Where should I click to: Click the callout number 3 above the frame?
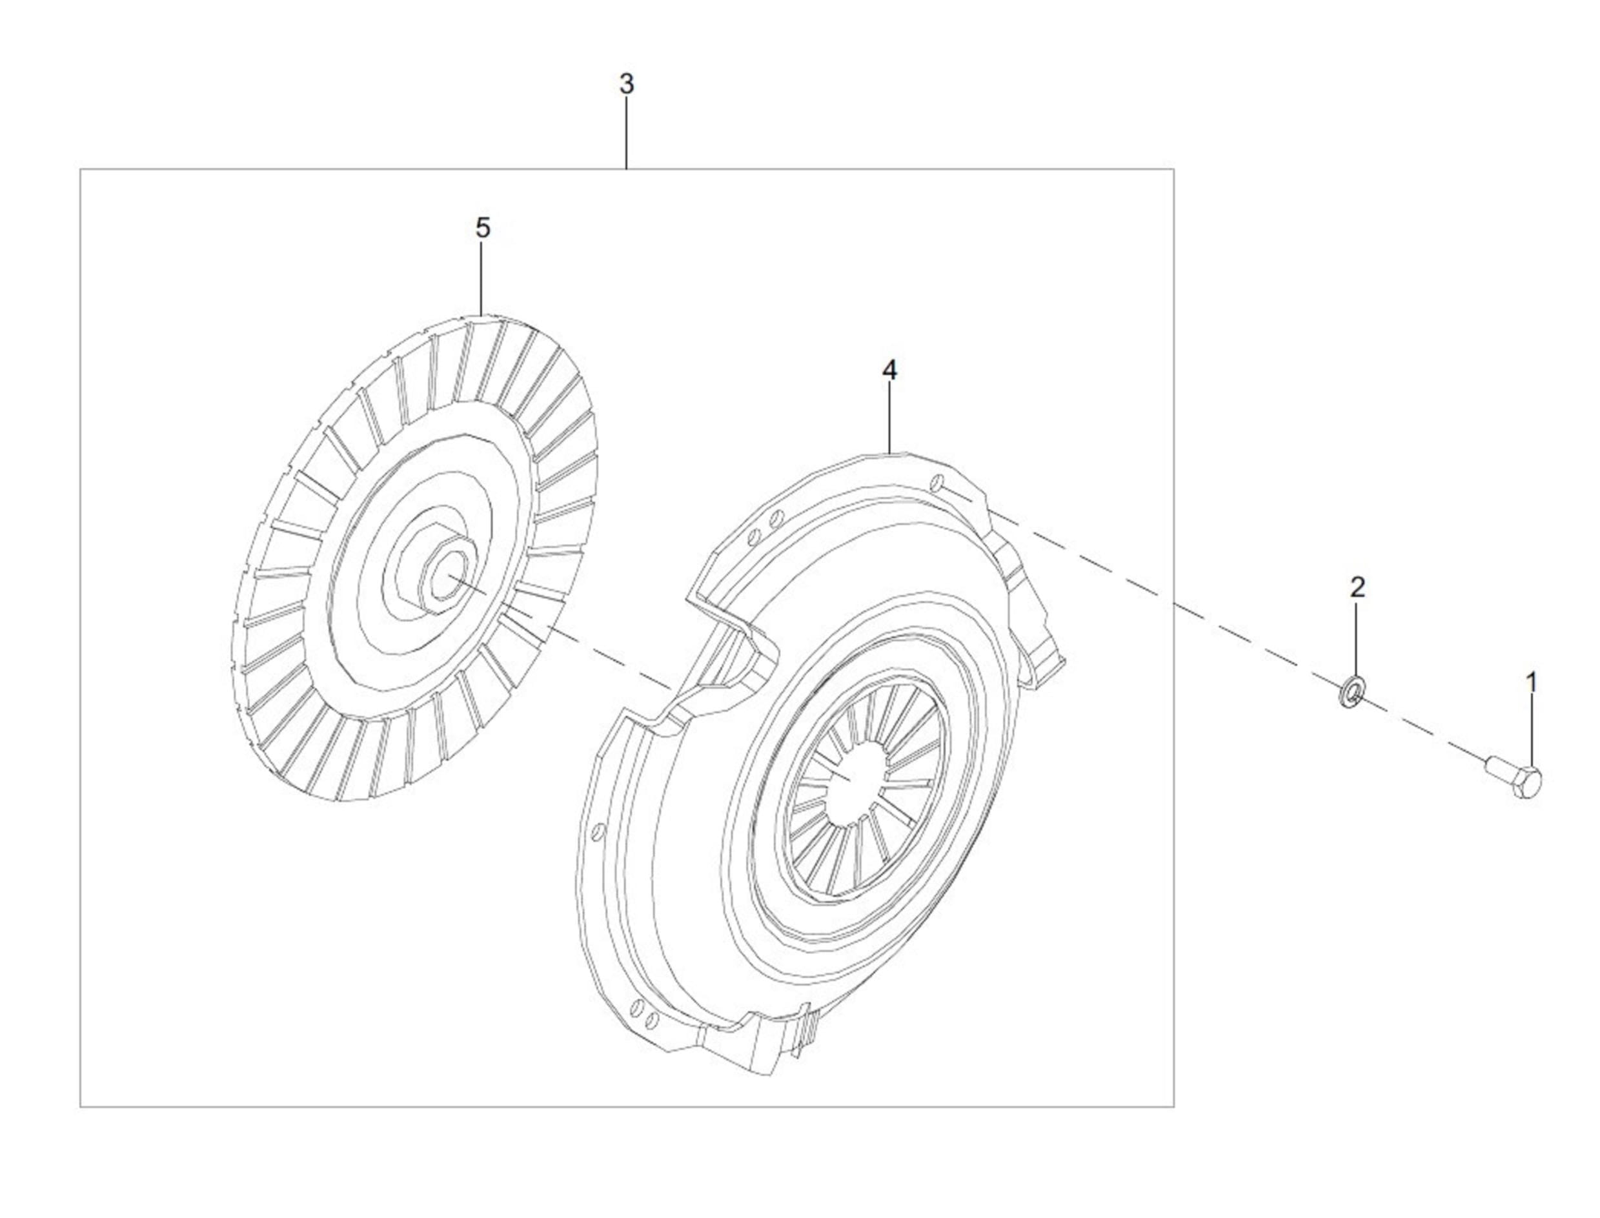click(626, 84)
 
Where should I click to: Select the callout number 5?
click(483, 228)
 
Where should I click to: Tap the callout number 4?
click(889, 370)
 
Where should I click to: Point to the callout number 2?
click(1357, 587)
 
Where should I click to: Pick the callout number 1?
click(1531, 682)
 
